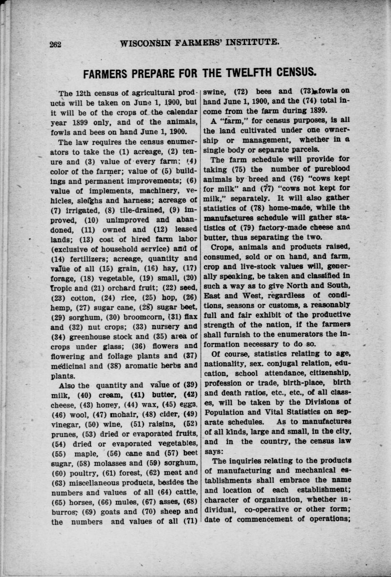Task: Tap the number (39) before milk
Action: click(191, 385)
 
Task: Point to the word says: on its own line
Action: click(216, 452)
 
